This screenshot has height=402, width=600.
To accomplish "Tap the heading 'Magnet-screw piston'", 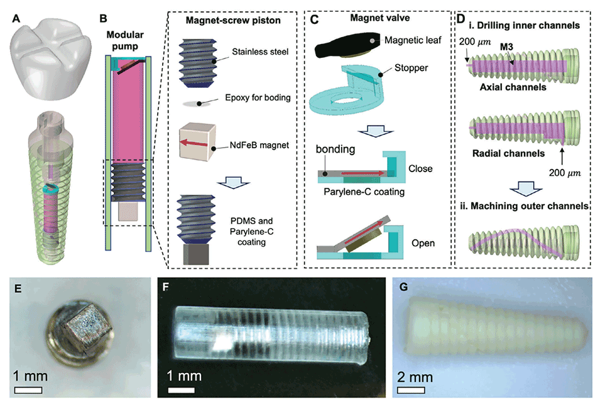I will (x=232, y=21).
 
